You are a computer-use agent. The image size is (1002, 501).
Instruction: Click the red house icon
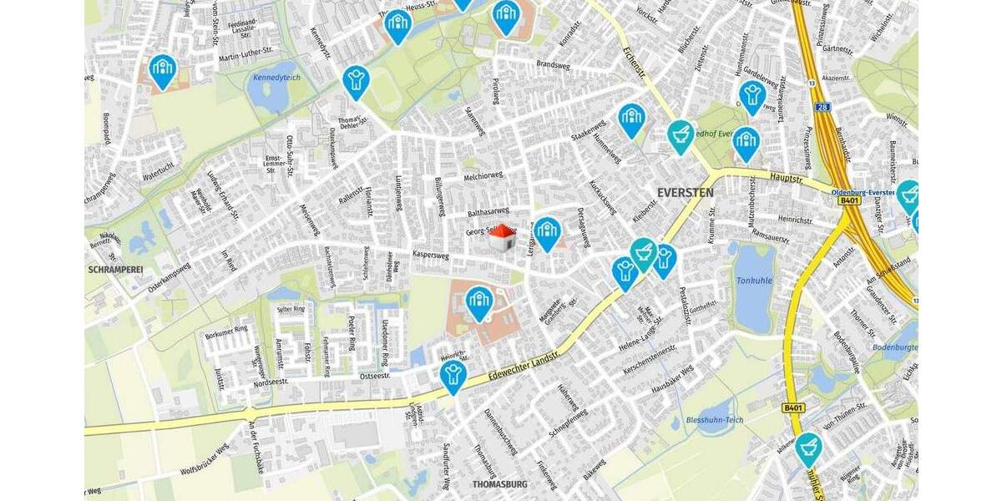point(502,238)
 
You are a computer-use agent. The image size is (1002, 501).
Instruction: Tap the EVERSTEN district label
point(685,192)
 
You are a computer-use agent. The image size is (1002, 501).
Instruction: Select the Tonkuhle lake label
point(754,281)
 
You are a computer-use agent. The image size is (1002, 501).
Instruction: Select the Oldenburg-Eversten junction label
point(863,191)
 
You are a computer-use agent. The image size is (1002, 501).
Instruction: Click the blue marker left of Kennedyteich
point(162,70)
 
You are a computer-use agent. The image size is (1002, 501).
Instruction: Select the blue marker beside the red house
point(547,232)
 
